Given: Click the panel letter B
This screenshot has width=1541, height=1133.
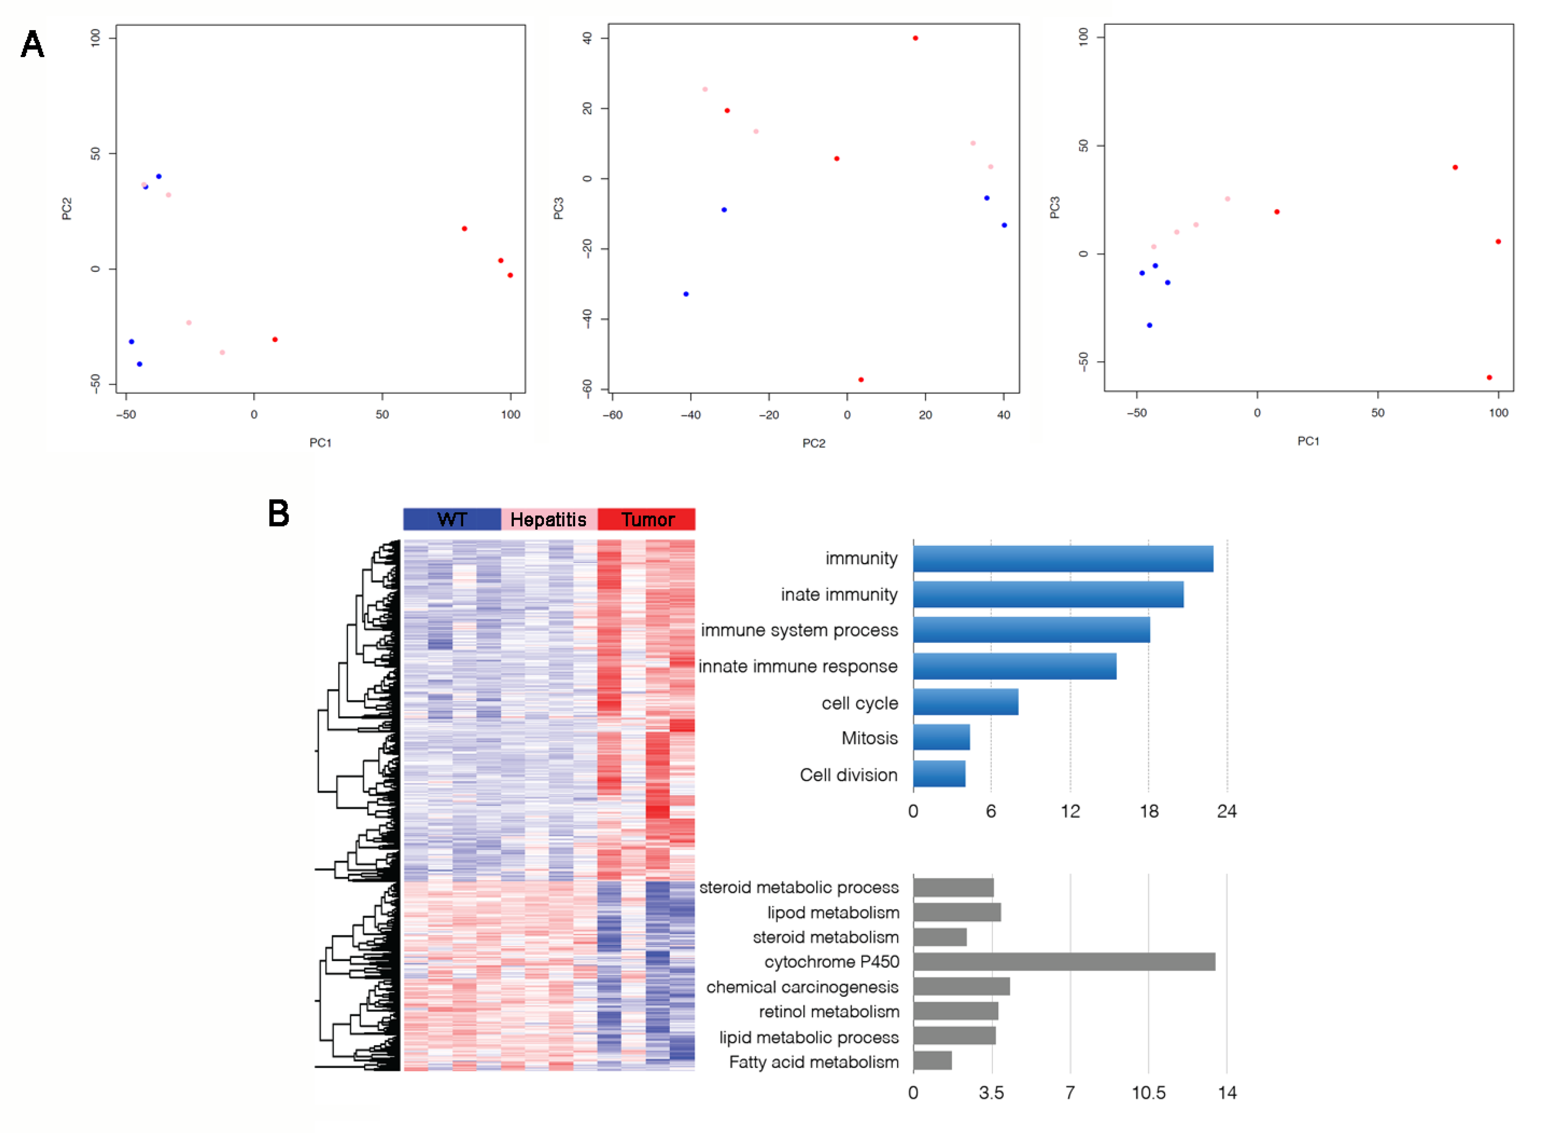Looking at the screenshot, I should click(278, 514).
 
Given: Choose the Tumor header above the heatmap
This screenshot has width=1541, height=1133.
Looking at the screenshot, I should click(647, 519).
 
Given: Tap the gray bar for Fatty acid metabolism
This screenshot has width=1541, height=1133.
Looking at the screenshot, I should click(932, 1061).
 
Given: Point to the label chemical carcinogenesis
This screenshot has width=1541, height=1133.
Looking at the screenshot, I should click(802, 987).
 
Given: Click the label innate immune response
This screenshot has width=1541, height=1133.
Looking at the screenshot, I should click(798, 666).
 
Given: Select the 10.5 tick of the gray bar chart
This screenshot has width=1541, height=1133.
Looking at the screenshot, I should click(1148, 1093).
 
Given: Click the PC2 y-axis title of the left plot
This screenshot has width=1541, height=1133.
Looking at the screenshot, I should click(66, 209).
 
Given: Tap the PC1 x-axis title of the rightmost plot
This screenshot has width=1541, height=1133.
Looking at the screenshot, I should click(1308, 441).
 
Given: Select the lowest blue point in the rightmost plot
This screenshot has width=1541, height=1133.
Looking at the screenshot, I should click(1149, 325).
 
